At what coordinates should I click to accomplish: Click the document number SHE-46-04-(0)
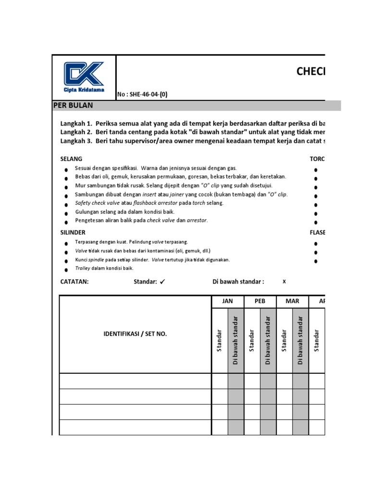pyautogui.click(x=143, y=95)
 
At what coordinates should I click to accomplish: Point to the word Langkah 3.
pyautogui.click(x=75, y=141)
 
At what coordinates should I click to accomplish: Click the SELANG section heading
pyautogui.click(x=71, y=159)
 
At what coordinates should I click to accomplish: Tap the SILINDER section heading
pyautogui.click(x=73, y=232)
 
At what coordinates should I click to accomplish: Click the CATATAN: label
pyautogui.click(x=74, y=282)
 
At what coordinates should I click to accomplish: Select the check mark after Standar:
pyautogui.click(x=162, y=282)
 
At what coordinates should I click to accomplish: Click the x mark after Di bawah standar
pyautogui.click(x=284, y=282)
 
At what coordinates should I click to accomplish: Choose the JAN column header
pyautogui.click(x=227, y=301)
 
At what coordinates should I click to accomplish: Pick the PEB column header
pyautogui.click(x=260, y=301)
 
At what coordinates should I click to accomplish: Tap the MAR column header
pyautogui.click(x=292, y=301)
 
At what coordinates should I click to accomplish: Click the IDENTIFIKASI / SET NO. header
pyautogui.click(x=135, y=334)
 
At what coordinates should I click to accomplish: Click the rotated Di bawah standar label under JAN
pyautogui.click(x=235, y=340)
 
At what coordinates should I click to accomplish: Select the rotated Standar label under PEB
pyautogui.click(x=251, y=340)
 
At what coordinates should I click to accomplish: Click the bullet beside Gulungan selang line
pyautogui.click(x=66, y=213)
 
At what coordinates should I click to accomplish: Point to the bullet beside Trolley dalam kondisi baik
pyautogui.click(x=66, y=270)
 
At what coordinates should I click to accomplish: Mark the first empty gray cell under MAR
pyautogui.click(x=300, y=381)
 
